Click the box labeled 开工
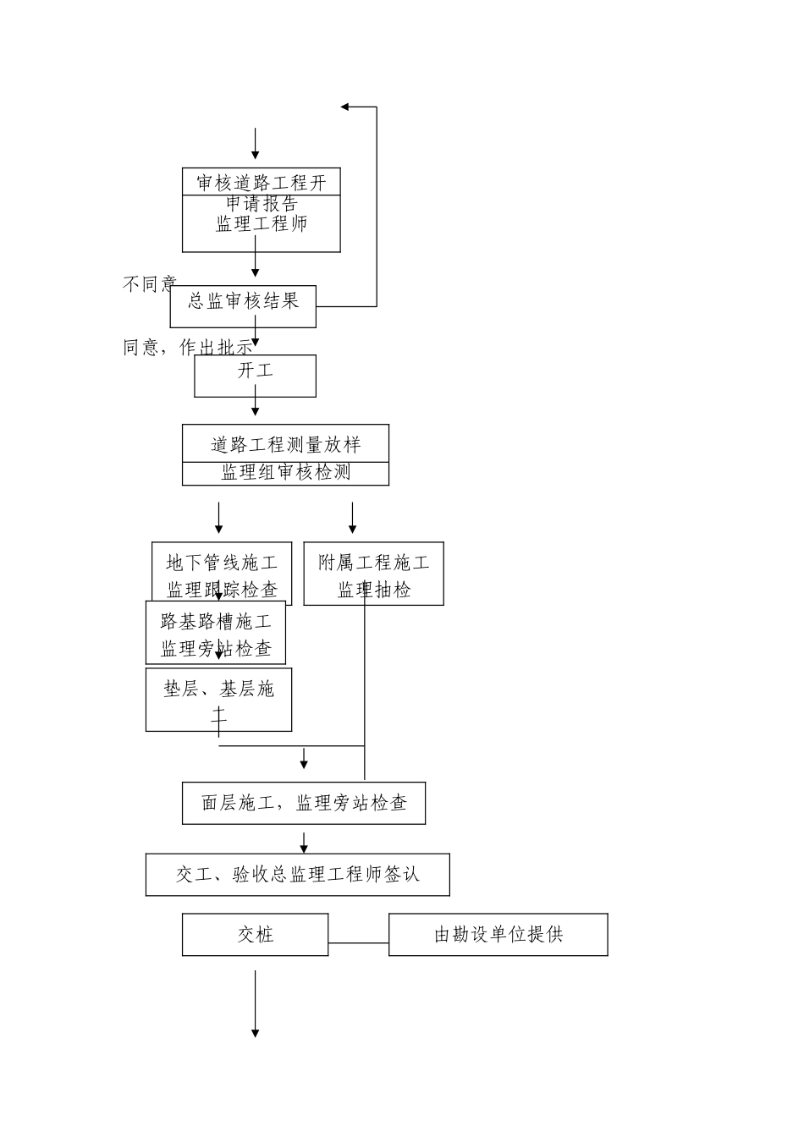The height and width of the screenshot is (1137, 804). (255, 376)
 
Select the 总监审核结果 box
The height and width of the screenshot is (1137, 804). (243, 306)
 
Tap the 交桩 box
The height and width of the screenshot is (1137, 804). (255, 935)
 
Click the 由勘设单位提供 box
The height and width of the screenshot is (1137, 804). (498, 935)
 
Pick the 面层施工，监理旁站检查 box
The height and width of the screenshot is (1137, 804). (303, 803)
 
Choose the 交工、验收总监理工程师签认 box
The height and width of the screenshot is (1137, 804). (297, 875)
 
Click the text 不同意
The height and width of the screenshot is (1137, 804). (149, 284)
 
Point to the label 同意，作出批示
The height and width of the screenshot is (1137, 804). (187, 347)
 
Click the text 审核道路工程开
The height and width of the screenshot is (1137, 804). (262, 183)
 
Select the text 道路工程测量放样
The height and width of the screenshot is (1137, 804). (285, 444)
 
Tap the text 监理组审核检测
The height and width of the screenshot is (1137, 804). (285, 473)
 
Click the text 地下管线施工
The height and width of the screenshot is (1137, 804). (222, 563)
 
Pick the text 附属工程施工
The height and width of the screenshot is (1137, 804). (373, 563)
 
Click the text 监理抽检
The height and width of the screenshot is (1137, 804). (373, 590)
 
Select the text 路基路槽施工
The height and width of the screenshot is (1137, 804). (216, 622)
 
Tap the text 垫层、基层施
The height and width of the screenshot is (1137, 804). (218, 689)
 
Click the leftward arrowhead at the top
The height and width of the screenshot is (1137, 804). (345, 107)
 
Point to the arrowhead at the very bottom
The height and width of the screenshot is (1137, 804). (255, 1032)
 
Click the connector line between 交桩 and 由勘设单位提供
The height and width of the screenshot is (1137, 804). (358, 942)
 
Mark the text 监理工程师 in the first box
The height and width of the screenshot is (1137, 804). (262, 224)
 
